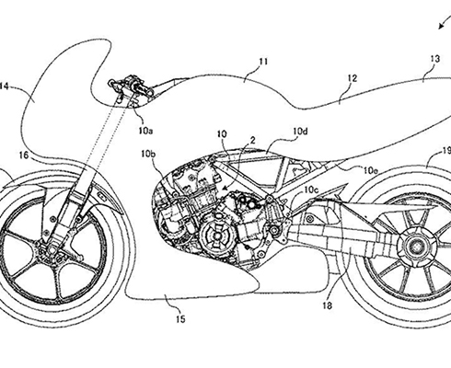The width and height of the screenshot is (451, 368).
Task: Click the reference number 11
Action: click(x=263, y=62)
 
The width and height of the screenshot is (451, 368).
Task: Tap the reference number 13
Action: click(x=435, y=59)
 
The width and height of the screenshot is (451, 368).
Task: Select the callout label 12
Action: click(x=353, y=78)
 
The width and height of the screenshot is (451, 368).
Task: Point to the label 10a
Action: click(x=145, y=131)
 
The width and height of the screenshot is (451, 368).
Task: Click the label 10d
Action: click(x=300, y=132)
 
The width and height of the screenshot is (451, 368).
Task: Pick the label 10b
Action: click(x=148, y=155)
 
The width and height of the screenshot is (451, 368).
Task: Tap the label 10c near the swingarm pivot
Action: click(x=312, y=190)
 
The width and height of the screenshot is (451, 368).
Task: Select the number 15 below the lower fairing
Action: click(x=180, y=319)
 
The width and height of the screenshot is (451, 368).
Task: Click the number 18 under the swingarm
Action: click(x=328, y=305)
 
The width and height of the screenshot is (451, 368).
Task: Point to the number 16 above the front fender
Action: click(x=24, y=155)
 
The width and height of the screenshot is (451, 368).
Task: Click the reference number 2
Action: click(x=253, y=141)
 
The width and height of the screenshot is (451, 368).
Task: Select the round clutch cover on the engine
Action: click(x=217, y=236)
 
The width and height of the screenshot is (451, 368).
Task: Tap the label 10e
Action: click(x=371, y=170)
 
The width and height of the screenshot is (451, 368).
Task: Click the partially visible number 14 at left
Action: click(x=4, y=86)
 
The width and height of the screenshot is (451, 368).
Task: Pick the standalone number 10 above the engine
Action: click(x=222, y=134)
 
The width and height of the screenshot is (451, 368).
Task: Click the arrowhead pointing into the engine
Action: click(x=224, y=189)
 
